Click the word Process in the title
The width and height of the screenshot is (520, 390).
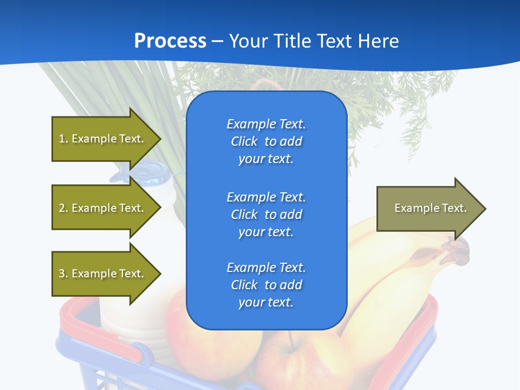(x=170, y=41)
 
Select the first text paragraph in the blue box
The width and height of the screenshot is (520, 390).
(x=266, y=141)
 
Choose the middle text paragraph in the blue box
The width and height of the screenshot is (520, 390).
(x=266, y=214)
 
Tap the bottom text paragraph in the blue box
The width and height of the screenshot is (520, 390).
(x=266, y=285)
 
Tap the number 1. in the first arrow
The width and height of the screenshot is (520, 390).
(x=63, y=139)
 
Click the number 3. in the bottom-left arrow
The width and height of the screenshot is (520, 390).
(x=63, y=274)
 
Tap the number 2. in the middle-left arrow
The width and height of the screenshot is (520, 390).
(x=63, y=208)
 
